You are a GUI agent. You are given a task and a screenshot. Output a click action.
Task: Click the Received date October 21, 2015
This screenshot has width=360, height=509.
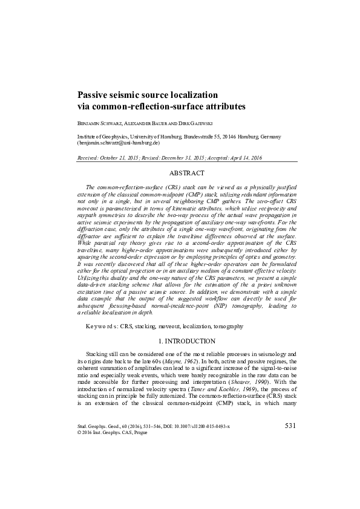(x=122, y=157)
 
